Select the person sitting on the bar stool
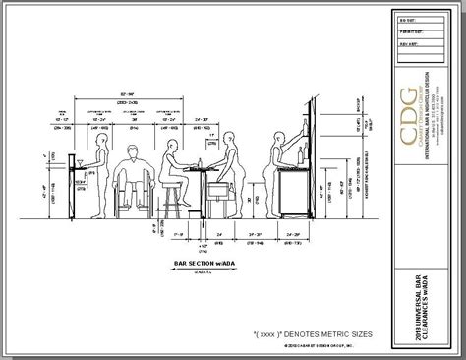pos(173,167)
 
